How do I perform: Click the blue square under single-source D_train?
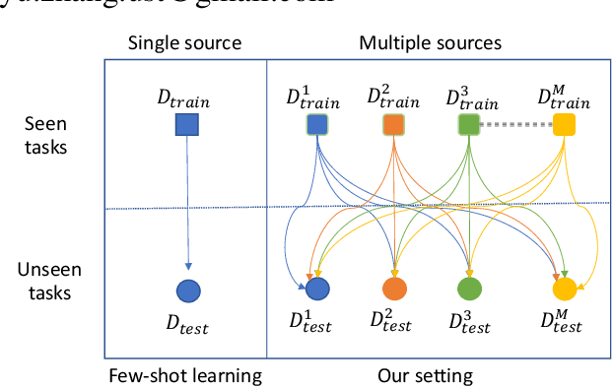point(186,125)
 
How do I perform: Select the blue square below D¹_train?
point(316,125)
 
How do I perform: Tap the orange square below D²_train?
point(393,125)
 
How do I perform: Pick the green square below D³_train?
point(469,125)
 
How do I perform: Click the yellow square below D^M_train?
point(564,125)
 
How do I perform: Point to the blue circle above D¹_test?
point(317,289)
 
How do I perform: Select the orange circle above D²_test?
point(393,289)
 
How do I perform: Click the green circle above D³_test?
point(469,289)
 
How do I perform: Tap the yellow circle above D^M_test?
point(564,289)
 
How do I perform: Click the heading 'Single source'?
point(185,43)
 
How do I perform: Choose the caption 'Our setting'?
point(425,374)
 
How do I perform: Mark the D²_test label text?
point(393,320)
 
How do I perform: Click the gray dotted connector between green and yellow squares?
point(516,125)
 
